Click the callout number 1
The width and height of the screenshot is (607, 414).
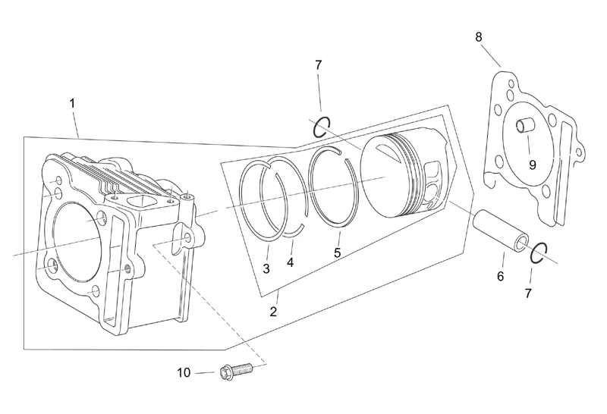[72, 102]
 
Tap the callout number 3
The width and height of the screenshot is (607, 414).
[266, 268]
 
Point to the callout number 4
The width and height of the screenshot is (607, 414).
[291, 262]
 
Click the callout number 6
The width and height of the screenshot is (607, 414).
[500, 277]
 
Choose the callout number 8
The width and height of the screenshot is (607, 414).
[478, 36]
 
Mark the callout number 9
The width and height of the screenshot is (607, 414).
[532, 163]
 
